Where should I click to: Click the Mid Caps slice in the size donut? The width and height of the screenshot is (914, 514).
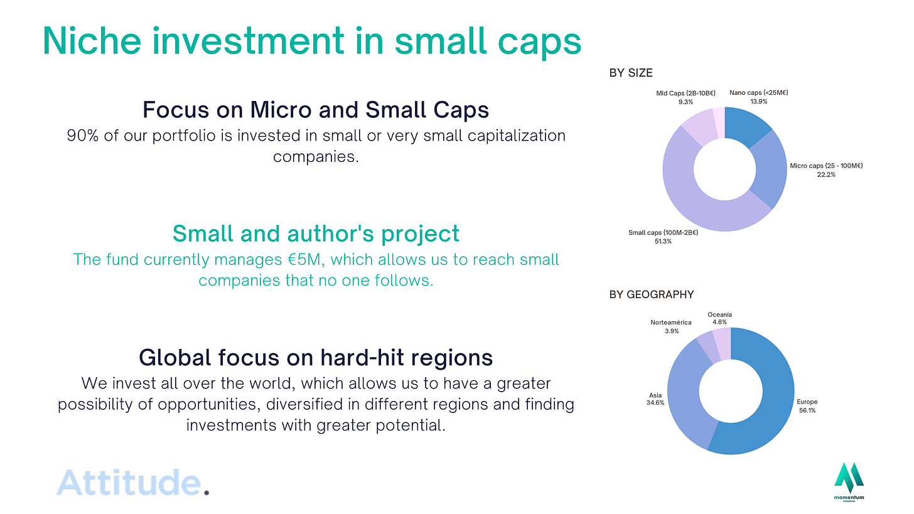coord(699,126)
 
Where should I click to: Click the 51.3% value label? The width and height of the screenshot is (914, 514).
coord(663,242)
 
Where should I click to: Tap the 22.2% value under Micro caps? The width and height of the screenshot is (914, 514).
coord(826,174)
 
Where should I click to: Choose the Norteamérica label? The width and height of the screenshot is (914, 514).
coord(671,323)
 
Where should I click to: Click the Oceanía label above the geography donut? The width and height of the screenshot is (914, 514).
coord(720,314)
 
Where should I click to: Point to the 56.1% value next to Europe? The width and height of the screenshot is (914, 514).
coord(807,410)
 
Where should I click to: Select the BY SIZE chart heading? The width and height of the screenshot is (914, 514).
coord(631,73)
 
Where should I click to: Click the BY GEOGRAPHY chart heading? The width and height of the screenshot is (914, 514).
coord(652,294)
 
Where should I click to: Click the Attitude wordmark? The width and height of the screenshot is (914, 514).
coord(132,483)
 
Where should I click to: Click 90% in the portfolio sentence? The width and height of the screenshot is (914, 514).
coord(83,136)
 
